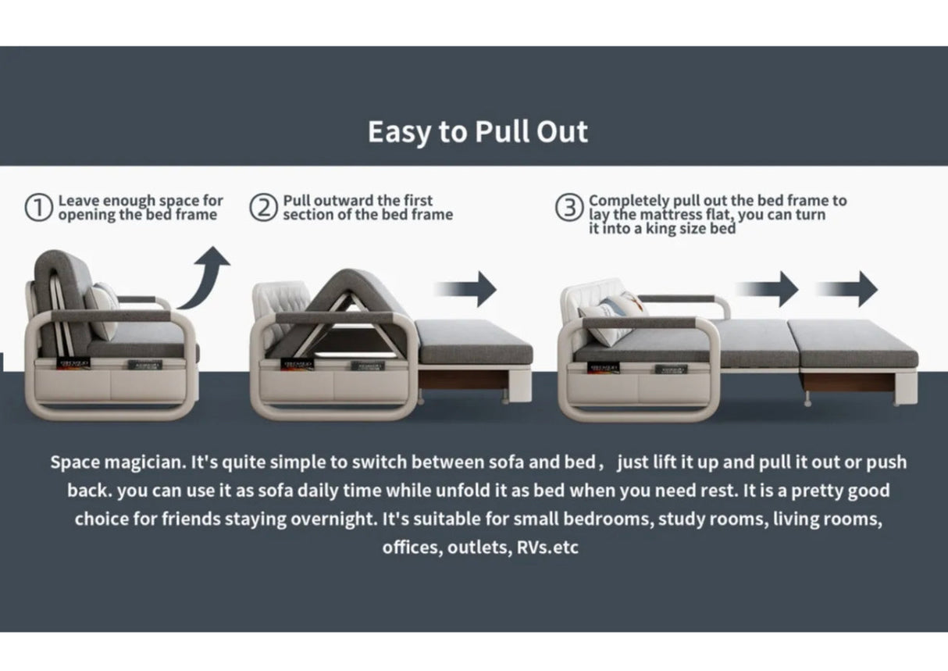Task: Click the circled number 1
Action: [38, 208]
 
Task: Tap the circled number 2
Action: [263, 208]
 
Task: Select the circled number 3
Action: [569, 208]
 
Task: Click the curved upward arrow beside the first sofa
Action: [208, 280]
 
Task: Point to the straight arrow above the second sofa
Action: [465, 289]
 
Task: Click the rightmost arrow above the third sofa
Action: [846, 289]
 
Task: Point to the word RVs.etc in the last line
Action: [547, 548]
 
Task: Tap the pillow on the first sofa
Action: [102, 309]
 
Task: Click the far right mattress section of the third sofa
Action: [853, 343]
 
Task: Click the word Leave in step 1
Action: [79, 200]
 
